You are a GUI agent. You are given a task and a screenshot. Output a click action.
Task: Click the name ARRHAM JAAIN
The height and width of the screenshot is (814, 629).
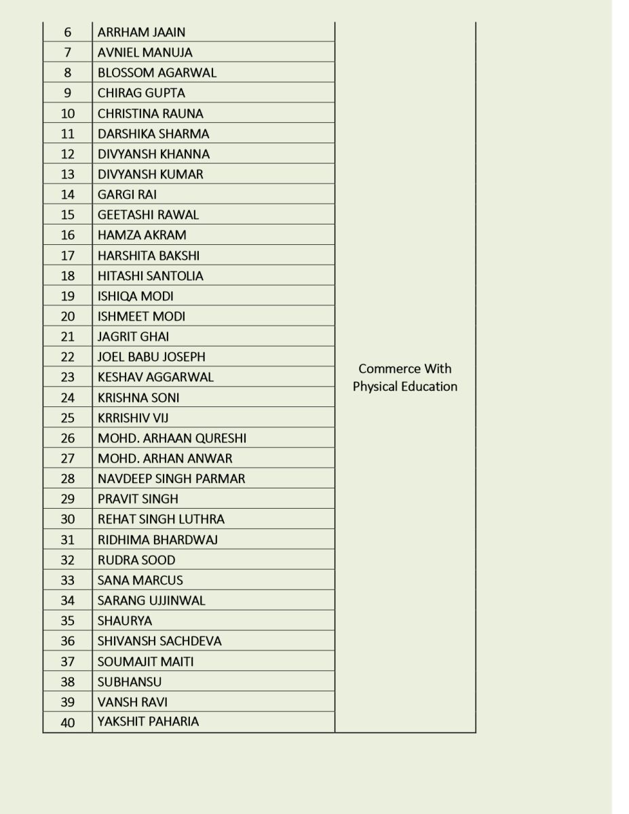click(x=141, y=32)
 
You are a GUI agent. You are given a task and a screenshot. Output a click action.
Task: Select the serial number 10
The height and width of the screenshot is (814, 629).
click(x=68, y=113)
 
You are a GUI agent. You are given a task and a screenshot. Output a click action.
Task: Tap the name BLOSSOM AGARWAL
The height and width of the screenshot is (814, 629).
click(x=157, y=73)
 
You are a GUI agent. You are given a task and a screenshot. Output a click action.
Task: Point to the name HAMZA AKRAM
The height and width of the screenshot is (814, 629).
click(x=142, y=235)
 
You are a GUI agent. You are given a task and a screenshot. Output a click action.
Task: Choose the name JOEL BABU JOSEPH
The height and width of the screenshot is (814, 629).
click(x=151, y=357)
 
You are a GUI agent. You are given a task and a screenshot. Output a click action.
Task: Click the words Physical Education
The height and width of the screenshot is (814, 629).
click(x=405, y=387)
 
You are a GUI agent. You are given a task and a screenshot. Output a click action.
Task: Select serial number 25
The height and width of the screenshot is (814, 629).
click(x=68, y=418)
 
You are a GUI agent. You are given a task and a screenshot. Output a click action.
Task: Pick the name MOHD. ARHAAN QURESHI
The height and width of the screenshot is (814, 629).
click(x=172, y=438)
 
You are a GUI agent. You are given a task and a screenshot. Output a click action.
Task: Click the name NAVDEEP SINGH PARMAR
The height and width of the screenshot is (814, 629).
click(x=171, y=479)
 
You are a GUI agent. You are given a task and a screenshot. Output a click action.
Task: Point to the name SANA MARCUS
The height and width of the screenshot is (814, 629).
click(x=140, y=581)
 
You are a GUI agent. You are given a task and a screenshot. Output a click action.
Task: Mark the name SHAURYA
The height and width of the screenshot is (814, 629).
click(x=125, y=621)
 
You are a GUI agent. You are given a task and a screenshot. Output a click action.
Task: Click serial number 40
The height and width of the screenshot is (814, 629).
click(x=68, y=722)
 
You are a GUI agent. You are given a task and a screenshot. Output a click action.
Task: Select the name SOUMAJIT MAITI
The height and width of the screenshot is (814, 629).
click(x=145, y=661)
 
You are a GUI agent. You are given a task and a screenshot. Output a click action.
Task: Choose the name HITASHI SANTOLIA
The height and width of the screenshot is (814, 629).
click(x=150, y=276)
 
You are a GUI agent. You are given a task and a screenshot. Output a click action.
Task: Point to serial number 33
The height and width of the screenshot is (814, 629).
click(x=68, y=581)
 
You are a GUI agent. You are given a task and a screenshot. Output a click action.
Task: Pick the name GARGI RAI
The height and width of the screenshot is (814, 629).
click(x=127, y=195)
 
